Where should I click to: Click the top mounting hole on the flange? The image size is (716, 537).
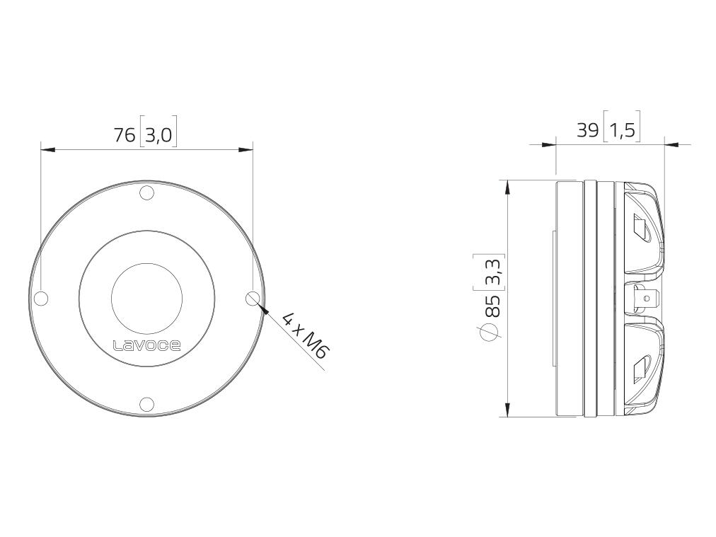tap(146, 193)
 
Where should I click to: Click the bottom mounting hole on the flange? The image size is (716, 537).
tap(146, 404)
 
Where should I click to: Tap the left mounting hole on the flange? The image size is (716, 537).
tap(41, 299)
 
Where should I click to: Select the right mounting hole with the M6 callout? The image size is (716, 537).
tap(252, 299)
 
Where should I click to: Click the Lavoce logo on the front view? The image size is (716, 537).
tap(146, 345)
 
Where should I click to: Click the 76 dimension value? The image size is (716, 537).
tap(125, 135)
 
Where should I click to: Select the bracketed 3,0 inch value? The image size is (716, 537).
tap(158, 135)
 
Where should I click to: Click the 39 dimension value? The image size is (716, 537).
tap(587, 131)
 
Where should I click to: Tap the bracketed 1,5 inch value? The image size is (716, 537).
tap(622, 131)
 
